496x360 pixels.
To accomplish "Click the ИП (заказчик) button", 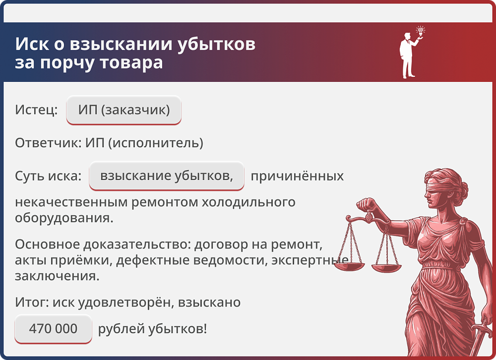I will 124,110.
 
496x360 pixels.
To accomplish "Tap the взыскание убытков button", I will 167,176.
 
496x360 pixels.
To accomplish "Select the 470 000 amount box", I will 53,328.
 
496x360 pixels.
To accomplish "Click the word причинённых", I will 297,176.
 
